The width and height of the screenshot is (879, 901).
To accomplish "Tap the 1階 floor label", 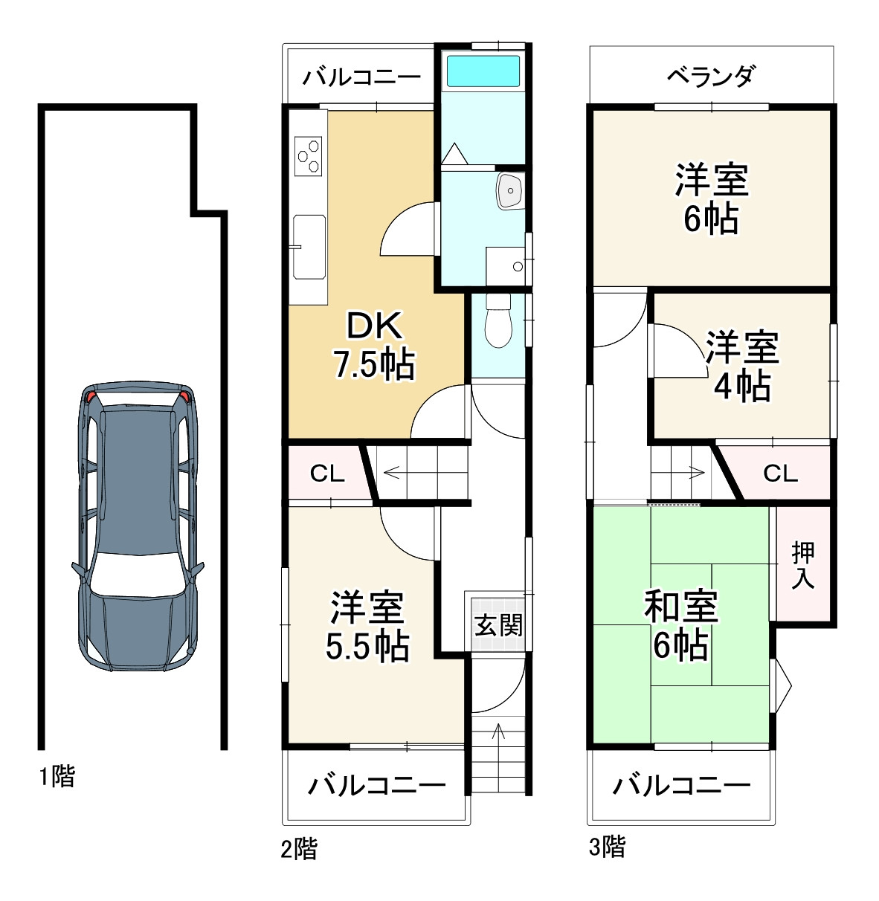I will coord(57,777).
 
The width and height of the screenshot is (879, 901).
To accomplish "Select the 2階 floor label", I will coord(298,848).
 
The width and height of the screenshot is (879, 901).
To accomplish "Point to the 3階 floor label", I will coord(607,846).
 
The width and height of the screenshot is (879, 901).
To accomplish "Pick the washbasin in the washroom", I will coord(510,190).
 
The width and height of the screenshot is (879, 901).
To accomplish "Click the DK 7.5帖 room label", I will coord(373,345).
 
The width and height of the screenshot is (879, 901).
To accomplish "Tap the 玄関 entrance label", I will coord(498,625).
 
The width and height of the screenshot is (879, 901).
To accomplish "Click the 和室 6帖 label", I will coord(680,625).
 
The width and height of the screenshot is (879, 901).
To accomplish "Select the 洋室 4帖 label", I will coord(741,366).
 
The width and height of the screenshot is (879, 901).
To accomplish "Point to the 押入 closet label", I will coord(803,565).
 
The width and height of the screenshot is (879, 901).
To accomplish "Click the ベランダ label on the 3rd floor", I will coord(710,76).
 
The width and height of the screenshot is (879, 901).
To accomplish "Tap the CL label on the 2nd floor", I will coord(326,474).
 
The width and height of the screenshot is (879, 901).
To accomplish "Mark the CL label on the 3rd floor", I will coord(780,473).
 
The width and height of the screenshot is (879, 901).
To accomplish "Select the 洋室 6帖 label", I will coord(711,198).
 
